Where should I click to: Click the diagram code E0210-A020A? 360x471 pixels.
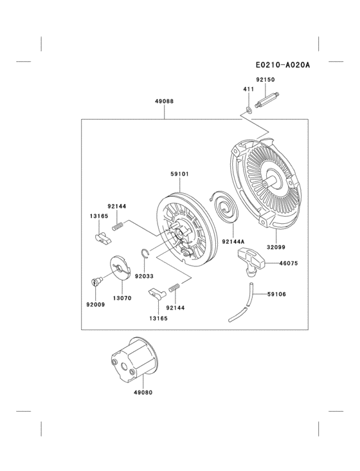click(283, 64)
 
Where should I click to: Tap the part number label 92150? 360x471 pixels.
click(265, 80)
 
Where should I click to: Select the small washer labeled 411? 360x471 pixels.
click(249, 110)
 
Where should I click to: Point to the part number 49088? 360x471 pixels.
click(164, 101)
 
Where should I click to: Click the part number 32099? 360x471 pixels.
click(276, 247)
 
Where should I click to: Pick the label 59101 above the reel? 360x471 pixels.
click(179, 174)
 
